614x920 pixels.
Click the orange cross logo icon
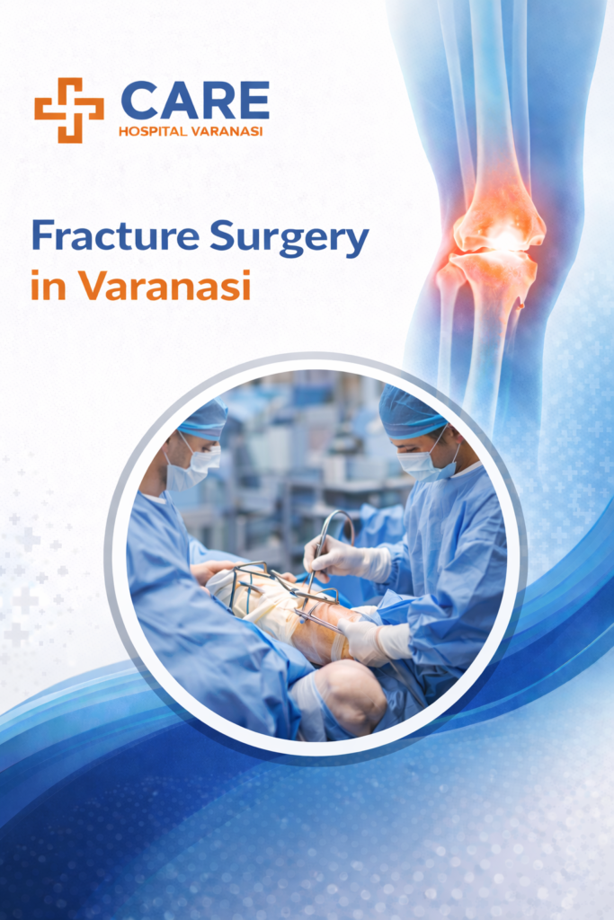(x=69, y=110)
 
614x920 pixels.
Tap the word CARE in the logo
(x=194, y=101)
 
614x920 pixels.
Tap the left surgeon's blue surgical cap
(x=201, y=419)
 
